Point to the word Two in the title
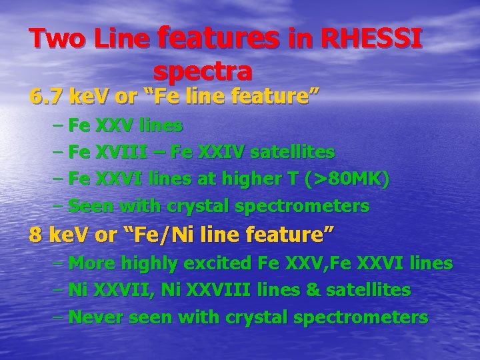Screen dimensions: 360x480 tap(57, 39)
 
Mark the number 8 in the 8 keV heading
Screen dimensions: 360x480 tap(35, 235)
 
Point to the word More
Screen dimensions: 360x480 tap(92, 263)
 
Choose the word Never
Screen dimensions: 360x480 tap(95, 317)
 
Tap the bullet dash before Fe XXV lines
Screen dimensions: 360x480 tap(58, 125)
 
